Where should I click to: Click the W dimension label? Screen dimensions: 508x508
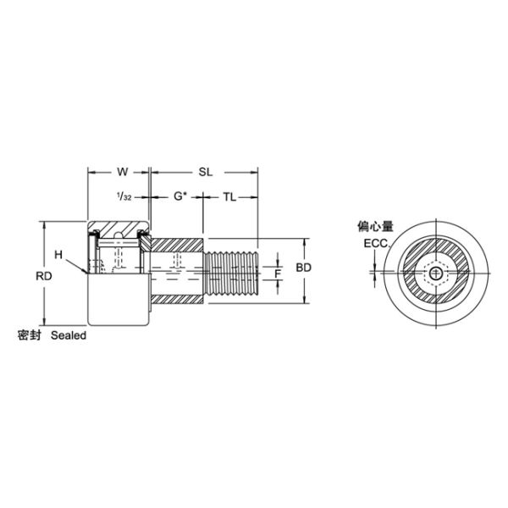[122, 171]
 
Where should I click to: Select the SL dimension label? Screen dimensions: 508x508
[204, 171]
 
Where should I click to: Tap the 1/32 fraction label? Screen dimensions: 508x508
[123, 197]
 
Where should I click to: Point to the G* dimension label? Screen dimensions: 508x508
[179, 197]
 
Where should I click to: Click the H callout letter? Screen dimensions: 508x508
[58, 254]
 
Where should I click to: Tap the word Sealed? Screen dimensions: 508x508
[69, 335]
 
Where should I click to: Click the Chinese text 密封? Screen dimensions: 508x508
[30, 335]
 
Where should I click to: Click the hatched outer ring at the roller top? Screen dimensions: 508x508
[119, 229]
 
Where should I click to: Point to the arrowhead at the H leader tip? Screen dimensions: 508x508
[86, 272]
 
